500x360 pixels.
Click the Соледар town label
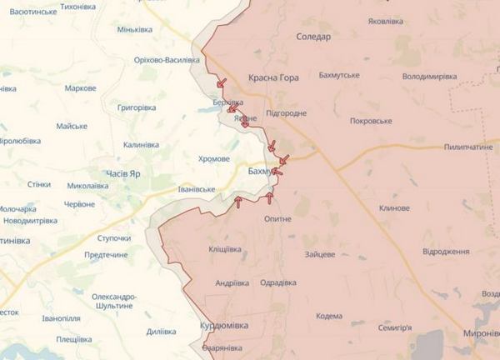[x=313, y=37]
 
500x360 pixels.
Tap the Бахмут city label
[x=261, y=171]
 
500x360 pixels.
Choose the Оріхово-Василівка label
[x=167, y=60]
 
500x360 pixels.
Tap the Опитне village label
[x=277, y=218]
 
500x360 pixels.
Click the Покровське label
[x=371, y=121]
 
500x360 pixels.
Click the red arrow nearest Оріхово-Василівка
[x=221, y=82]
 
